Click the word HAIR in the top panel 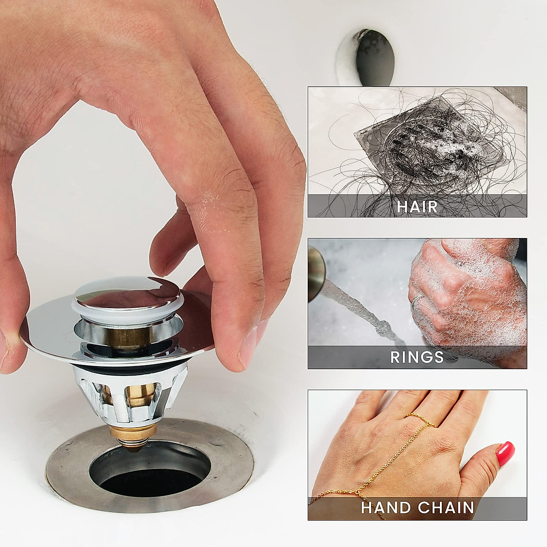pos(417,206)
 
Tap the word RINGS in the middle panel pos(417,356)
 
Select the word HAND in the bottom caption pos(388,507)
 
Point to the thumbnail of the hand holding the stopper pos(248,346)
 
